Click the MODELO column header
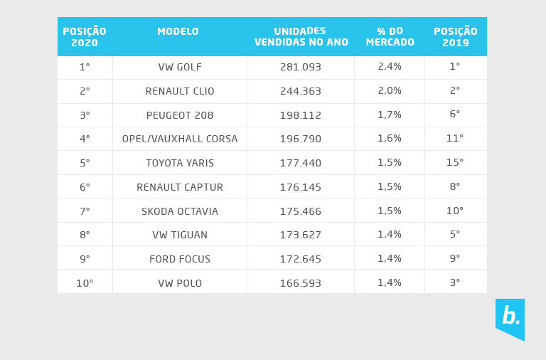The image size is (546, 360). pos(178,32)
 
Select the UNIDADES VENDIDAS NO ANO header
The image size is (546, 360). pos(301,37)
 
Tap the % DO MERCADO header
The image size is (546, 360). pos(390,37)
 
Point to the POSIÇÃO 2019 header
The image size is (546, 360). pos(455,37)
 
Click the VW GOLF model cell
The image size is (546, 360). pos(180,67)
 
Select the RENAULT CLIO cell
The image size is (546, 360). pos(180,91)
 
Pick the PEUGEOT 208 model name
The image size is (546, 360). pos(180,115)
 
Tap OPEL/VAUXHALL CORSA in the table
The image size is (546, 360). pos(180,139)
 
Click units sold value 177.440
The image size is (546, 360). pos(300,163)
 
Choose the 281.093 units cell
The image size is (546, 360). pos(300,67)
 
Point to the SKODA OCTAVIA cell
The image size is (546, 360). pos(180,211)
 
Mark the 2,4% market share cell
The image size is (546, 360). pos(390,67)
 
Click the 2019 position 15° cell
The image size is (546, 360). pos(455,163)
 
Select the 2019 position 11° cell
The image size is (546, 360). pos(455,139)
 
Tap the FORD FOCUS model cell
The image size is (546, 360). pos(180,259)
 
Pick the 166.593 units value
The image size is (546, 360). pos(300,283)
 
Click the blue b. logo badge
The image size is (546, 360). pos(510,317)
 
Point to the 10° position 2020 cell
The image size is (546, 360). pos(85,283)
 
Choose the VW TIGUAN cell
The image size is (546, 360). pos(180,235)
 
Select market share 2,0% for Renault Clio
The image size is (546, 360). pos(390,91)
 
